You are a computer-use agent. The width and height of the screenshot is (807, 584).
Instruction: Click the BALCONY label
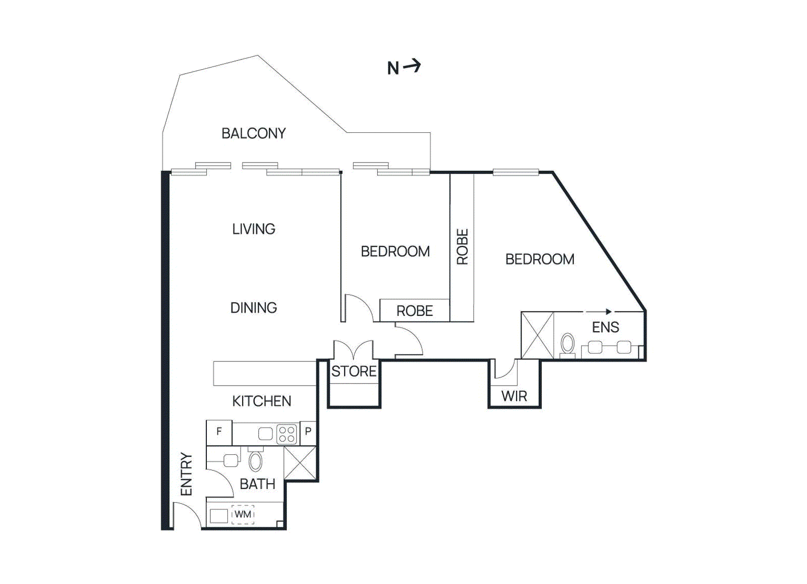253,133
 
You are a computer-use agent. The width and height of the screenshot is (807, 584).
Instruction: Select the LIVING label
253,229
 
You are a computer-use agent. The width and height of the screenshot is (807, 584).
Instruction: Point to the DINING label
253,308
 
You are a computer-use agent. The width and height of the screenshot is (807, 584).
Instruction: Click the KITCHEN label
261,401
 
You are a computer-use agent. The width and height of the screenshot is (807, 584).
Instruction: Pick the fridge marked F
219,432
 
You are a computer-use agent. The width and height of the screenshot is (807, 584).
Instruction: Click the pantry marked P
308,432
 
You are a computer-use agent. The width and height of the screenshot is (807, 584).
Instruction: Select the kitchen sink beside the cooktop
265,434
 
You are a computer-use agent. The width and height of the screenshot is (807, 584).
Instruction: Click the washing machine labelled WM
243,514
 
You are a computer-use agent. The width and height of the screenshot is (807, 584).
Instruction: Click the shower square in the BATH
300,463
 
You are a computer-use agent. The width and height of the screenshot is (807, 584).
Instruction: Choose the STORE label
354,371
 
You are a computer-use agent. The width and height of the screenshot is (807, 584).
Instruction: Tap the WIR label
514,397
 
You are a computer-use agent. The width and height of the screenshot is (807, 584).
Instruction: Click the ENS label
605,328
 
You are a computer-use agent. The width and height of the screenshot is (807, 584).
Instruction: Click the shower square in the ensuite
537,336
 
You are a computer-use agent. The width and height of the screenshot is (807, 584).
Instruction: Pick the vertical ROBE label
462,247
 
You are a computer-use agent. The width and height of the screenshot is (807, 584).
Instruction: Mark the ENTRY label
186,474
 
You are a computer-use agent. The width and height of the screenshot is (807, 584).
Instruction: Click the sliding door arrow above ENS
599,311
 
